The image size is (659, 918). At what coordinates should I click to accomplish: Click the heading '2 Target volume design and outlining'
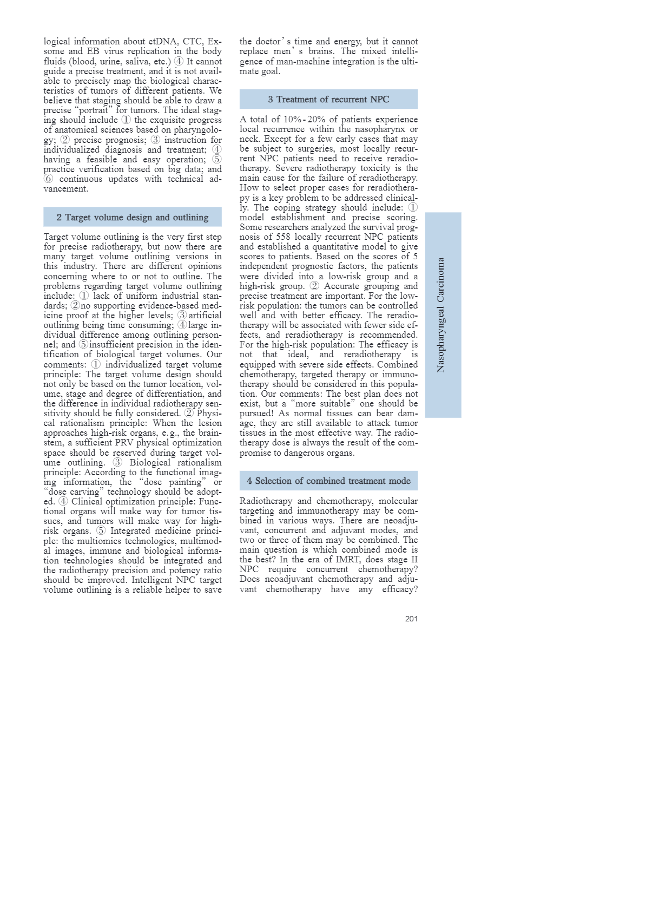(x=132, y=217)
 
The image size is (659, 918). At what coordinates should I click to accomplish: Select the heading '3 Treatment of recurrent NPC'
(x=328, y=99)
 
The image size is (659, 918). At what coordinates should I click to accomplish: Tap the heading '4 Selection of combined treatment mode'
(x=328, y=481)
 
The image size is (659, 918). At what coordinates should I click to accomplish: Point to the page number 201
(x=411, y=619)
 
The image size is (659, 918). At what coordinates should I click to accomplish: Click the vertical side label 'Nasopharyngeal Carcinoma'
(x=441, y=314)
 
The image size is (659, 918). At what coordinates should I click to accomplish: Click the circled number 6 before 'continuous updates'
(x=49, y=179)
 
